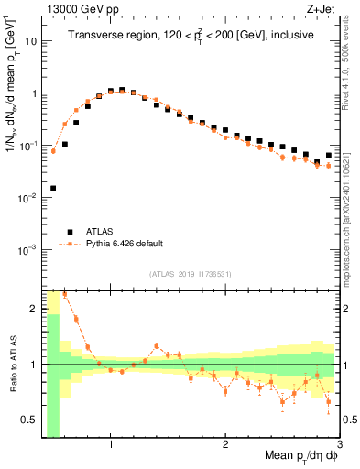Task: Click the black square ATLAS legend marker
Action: click(x=68, y=232)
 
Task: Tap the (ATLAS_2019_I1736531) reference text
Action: click(x=191, y=274)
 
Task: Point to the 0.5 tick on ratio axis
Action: click(x=29, y=420)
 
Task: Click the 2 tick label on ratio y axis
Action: click(x=34, y=309)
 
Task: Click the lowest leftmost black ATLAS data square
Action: click(x=53, y=188)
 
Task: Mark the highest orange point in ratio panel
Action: click(x=64, y=294)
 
